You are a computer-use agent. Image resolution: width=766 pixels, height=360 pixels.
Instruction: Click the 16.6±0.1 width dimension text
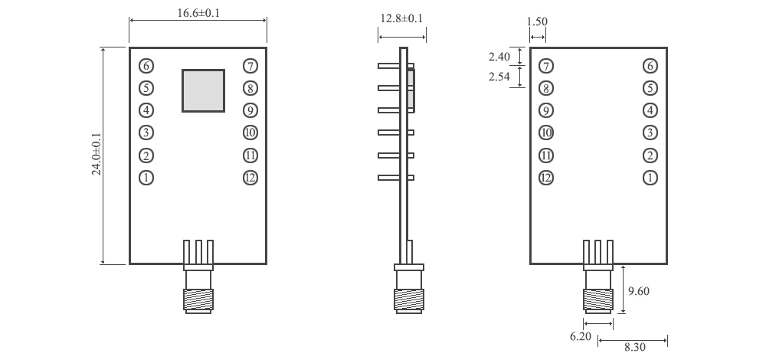point(198,13)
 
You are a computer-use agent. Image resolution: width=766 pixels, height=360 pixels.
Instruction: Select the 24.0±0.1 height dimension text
point(97,155)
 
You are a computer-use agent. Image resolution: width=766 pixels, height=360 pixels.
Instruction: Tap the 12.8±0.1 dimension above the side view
point(402,18)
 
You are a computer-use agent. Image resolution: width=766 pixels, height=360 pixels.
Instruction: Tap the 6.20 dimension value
point(581,336)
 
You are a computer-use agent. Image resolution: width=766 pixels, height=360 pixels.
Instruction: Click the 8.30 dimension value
point(634,348)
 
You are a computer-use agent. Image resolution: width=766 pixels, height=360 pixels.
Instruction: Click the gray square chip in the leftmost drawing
point(203,90)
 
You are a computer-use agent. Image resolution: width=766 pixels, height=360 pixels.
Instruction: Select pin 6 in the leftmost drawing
point(146,66)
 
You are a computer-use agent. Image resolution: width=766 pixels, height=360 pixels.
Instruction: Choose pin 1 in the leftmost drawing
point(146,178)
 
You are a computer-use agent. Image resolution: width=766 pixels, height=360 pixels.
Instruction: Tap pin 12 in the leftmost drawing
point(250,178)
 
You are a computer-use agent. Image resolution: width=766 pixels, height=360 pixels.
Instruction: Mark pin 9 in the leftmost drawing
point(250,110)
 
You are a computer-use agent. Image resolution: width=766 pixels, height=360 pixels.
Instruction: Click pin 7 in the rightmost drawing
point(546,66)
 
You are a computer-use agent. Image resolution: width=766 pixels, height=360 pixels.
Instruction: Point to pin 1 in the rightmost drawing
point(650,178)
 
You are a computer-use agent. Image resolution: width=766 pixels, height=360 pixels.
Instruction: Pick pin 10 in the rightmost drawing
point(546,133)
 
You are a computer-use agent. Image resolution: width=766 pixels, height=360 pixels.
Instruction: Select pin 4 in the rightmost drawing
point(650,110)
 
